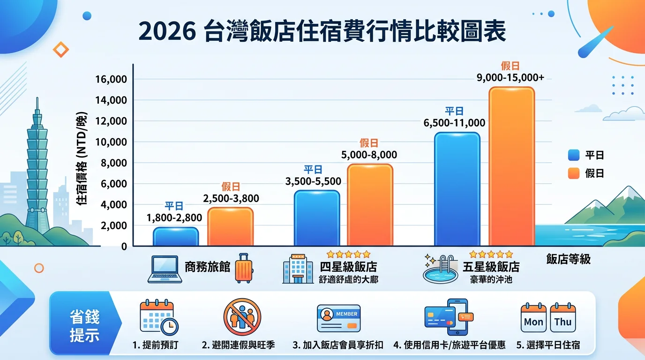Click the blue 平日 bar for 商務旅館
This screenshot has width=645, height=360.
point(176,237)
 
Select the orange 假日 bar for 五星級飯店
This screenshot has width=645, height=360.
point(511,166)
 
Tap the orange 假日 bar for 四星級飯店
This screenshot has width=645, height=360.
point(370,205)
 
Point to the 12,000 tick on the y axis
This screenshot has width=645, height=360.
point(114,121)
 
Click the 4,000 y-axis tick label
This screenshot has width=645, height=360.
point(114,205)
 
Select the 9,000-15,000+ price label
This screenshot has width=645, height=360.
point(510,78)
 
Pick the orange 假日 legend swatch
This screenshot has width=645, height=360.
point(574,173)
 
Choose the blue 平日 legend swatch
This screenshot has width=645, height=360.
point(574,155)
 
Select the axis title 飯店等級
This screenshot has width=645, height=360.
point(568,259)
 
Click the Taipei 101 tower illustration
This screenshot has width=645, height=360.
point(37,169)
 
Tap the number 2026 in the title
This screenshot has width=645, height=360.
point(166,31)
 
